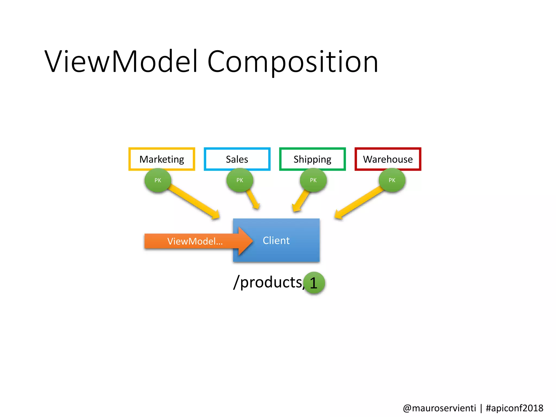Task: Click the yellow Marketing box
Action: coord(162,159)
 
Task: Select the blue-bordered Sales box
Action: coord(237,159)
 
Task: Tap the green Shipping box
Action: coord(312,159)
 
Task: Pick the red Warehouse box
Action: coord(388,159)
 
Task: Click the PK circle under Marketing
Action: coord(158,180)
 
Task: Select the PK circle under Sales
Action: coord(240,180)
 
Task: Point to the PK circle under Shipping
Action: coord(313,180)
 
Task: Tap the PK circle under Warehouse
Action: coord(392,180)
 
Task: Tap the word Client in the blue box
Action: coord(276,241)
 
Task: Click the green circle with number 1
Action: coord(314,283)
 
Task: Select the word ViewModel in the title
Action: coord(121,62)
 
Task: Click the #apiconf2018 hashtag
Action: coord(514,408)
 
